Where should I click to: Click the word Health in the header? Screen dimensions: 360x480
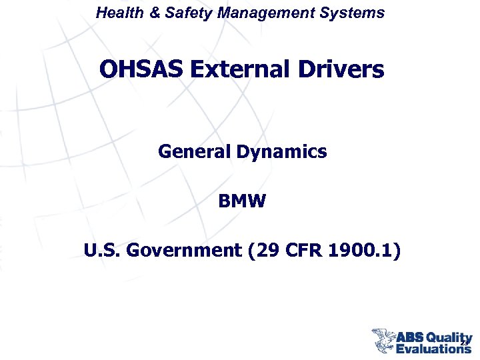(117, 13)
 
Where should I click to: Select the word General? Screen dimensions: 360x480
(194, 152)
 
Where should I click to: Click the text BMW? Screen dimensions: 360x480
(241, 201)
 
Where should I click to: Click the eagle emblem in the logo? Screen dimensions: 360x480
(383, 340)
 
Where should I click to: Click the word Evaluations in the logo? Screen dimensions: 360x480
(433, 348)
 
